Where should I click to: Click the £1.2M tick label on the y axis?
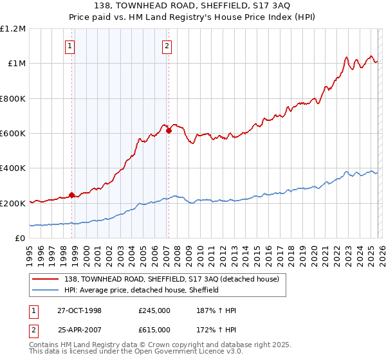pos(13,29)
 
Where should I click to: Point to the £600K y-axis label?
pos(13,134)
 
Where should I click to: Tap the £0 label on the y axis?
pos(19,239)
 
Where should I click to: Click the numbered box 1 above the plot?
pos(69,46)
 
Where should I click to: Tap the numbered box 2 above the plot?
pos(167,46)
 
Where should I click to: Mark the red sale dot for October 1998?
pos(71,195)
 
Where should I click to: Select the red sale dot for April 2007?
pos(169,130)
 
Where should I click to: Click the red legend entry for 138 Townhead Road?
pos(170,279)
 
